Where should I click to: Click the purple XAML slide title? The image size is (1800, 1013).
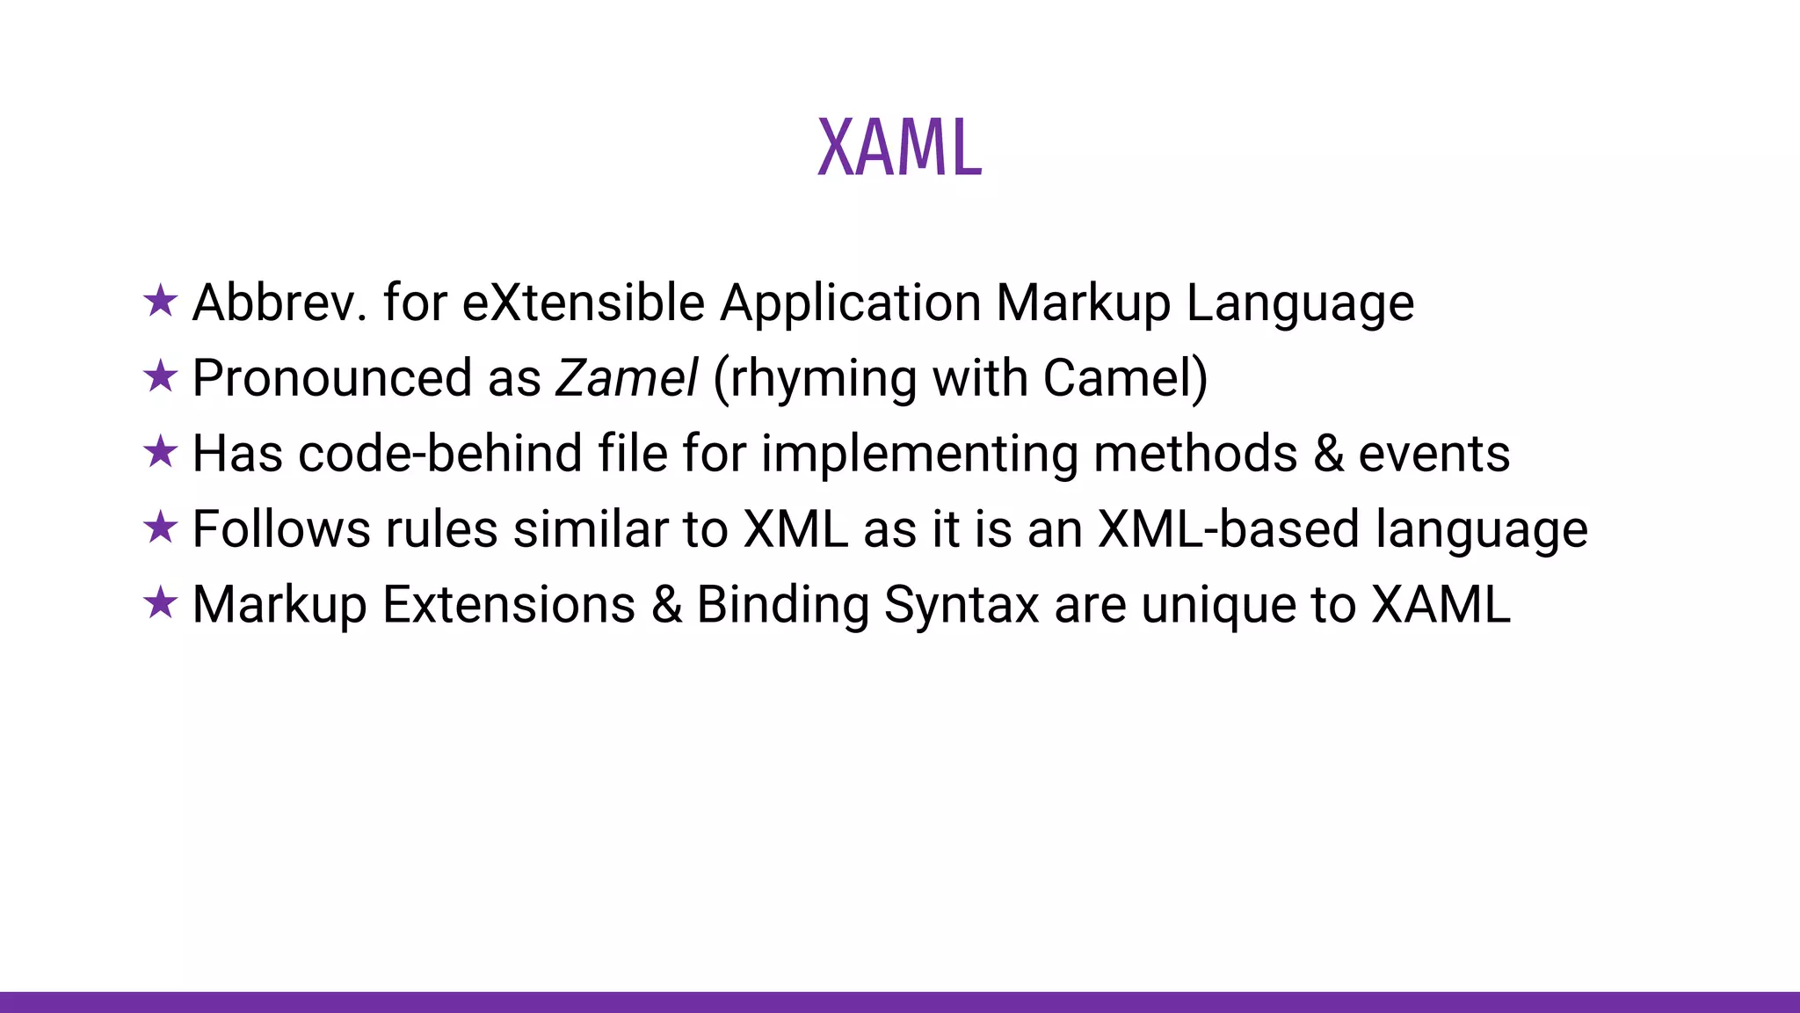tap(899, 148)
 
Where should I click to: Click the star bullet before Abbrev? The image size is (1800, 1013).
tap(160, 302)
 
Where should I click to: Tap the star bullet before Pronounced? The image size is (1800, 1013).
tap(160, 377)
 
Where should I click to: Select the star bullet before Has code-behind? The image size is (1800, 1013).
tap(160, 453)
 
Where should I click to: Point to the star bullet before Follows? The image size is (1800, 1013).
tap(160, 528)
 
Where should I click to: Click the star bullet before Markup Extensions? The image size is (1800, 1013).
tap(160, 604)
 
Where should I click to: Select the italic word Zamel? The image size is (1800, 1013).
tap(627, 378)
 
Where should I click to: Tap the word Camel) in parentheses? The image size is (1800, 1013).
tap(1125, 378)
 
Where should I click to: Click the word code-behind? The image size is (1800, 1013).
tap(440, 454)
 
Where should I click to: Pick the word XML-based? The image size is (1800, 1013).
tap(1229, 529)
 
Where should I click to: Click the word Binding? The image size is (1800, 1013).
tap(782, 605)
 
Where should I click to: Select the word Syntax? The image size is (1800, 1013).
tap(962, 605)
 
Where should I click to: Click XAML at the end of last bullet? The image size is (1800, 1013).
tap(1441, 605)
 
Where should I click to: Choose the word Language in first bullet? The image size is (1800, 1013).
tap(1300, 302)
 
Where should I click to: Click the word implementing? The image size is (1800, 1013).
tap(919, 454)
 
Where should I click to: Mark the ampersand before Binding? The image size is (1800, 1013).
tap(667, 605)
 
